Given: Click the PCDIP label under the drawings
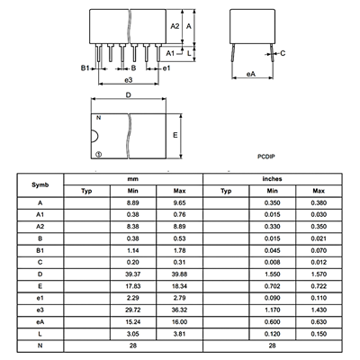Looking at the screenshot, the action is pos(266,157).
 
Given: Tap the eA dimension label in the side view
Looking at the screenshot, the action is pos(251,74).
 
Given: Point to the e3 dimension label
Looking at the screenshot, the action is pos(129,80).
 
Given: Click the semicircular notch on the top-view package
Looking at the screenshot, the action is pos(94,136).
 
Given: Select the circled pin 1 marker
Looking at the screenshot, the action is pos(98,154).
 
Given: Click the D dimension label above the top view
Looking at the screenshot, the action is pos(129,95).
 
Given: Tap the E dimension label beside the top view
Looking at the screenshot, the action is pos(175,135).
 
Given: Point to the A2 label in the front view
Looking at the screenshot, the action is pos(175,26).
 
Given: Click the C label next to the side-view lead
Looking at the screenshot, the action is pos(283,53).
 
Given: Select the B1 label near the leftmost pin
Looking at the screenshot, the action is pos(85,68).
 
